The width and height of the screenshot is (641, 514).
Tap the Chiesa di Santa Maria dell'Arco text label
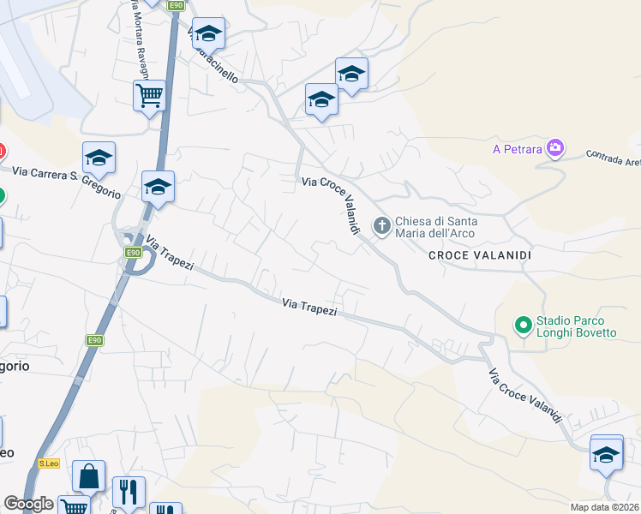point(436,227)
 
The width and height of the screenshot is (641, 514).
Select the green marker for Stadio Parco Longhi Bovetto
point(522,326)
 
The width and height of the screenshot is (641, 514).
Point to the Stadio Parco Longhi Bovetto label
point(576,326)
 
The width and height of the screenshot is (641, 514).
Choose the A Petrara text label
point(518,149)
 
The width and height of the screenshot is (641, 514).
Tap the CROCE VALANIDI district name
point(480,256)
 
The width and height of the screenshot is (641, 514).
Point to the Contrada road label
point(612,159)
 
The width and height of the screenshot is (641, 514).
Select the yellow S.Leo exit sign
point(47,463)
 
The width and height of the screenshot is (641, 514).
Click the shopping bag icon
point(88,475)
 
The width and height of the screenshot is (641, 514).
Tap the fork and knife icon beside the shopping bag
point(129,491)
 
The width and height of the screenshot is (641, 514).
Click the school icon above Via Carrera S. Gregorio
point(99,157)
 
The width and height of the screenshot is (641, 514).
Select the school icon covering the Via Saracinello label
point(208,33)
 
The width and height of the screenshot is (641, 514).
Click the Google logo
point(28,504)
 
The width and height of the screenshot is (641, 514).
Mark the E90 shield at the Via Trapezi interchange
point(133,252)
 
